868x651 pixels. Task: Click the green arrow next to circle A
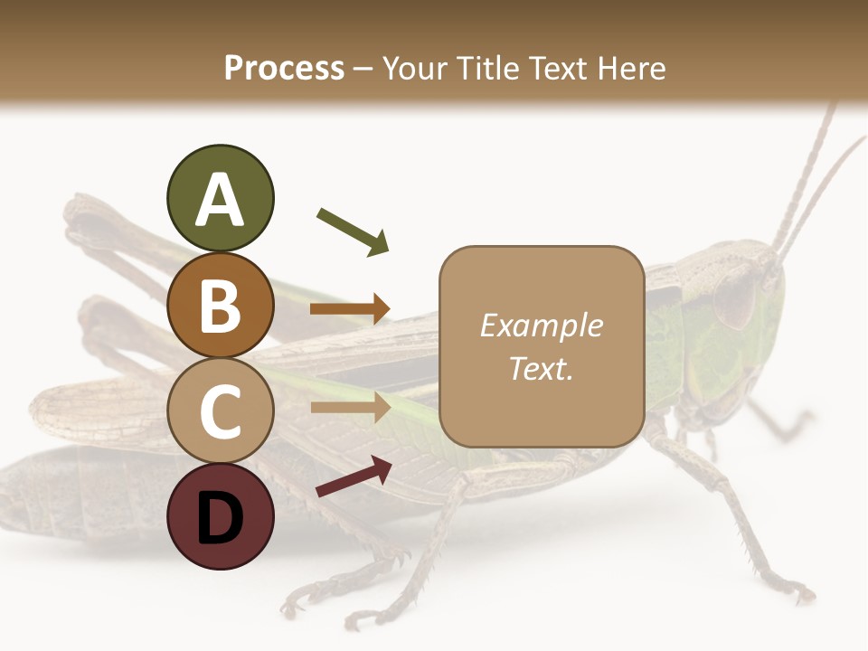(353, 231)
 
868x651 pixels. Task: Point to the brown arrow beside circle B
(350, 309)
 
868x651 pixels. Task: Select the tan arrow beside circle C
(350, 407)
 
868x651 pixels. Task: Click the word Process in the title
(284, 68)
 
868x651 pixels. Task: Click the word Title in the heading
(485, 68)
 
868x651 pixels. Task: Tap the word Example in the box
(541, 325)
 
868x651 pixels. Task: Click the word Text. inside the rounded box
(541, 368)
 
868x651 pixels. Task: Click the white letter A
(220, 200)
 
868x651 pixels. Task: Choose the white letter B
(220, 306)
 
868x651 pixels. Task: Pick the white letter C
(220, 412)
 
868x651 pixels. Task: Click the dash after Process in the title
(363, 69)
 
